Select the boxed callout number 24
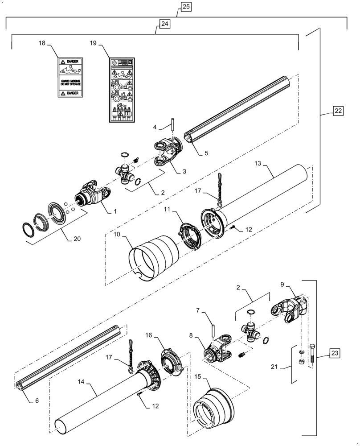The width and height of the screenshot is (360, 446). [164, 25]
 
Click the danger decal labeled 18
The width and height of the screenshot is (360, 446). [69, 77]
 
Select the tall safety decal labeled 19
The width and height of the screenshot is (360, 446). [122, 90]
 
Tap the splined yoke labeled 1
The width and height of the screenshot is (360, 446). [91, 193]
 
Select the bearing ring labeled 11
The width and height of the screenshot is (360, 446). [190, 235]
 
